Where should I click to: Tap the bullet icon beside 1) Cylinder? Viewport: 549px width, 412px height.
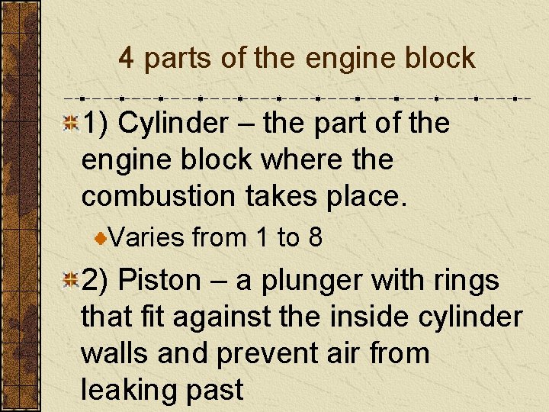[x=70, y=123]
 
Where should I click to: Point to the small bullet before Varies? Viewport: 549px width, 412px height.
[x=101, y=239]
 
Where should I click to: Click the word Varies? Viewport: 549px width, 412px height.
[x=148, y=238]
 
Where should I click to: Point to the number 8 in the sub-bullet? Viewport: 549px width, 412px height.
[x=315, y=238]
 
